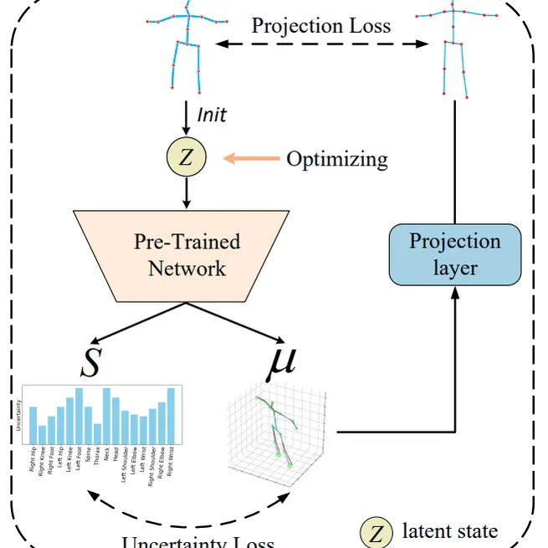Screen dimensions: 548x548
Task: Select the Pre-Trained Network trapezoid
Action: tap(187, 255)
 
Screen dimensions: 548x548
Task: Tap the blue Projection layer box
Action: tap(454, 254)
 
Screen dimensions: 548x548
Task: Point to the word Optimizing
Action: tap(337, 159)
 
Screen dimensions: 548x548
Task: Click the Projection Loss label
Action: tap(320, 25)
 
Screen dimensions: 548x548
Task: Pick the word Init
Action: tap(212, 114)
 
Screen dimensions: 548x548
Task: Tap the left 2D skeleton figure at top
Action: tap(186, 50)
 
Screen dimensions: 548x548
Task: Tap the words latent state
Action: tap(449, 530)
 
